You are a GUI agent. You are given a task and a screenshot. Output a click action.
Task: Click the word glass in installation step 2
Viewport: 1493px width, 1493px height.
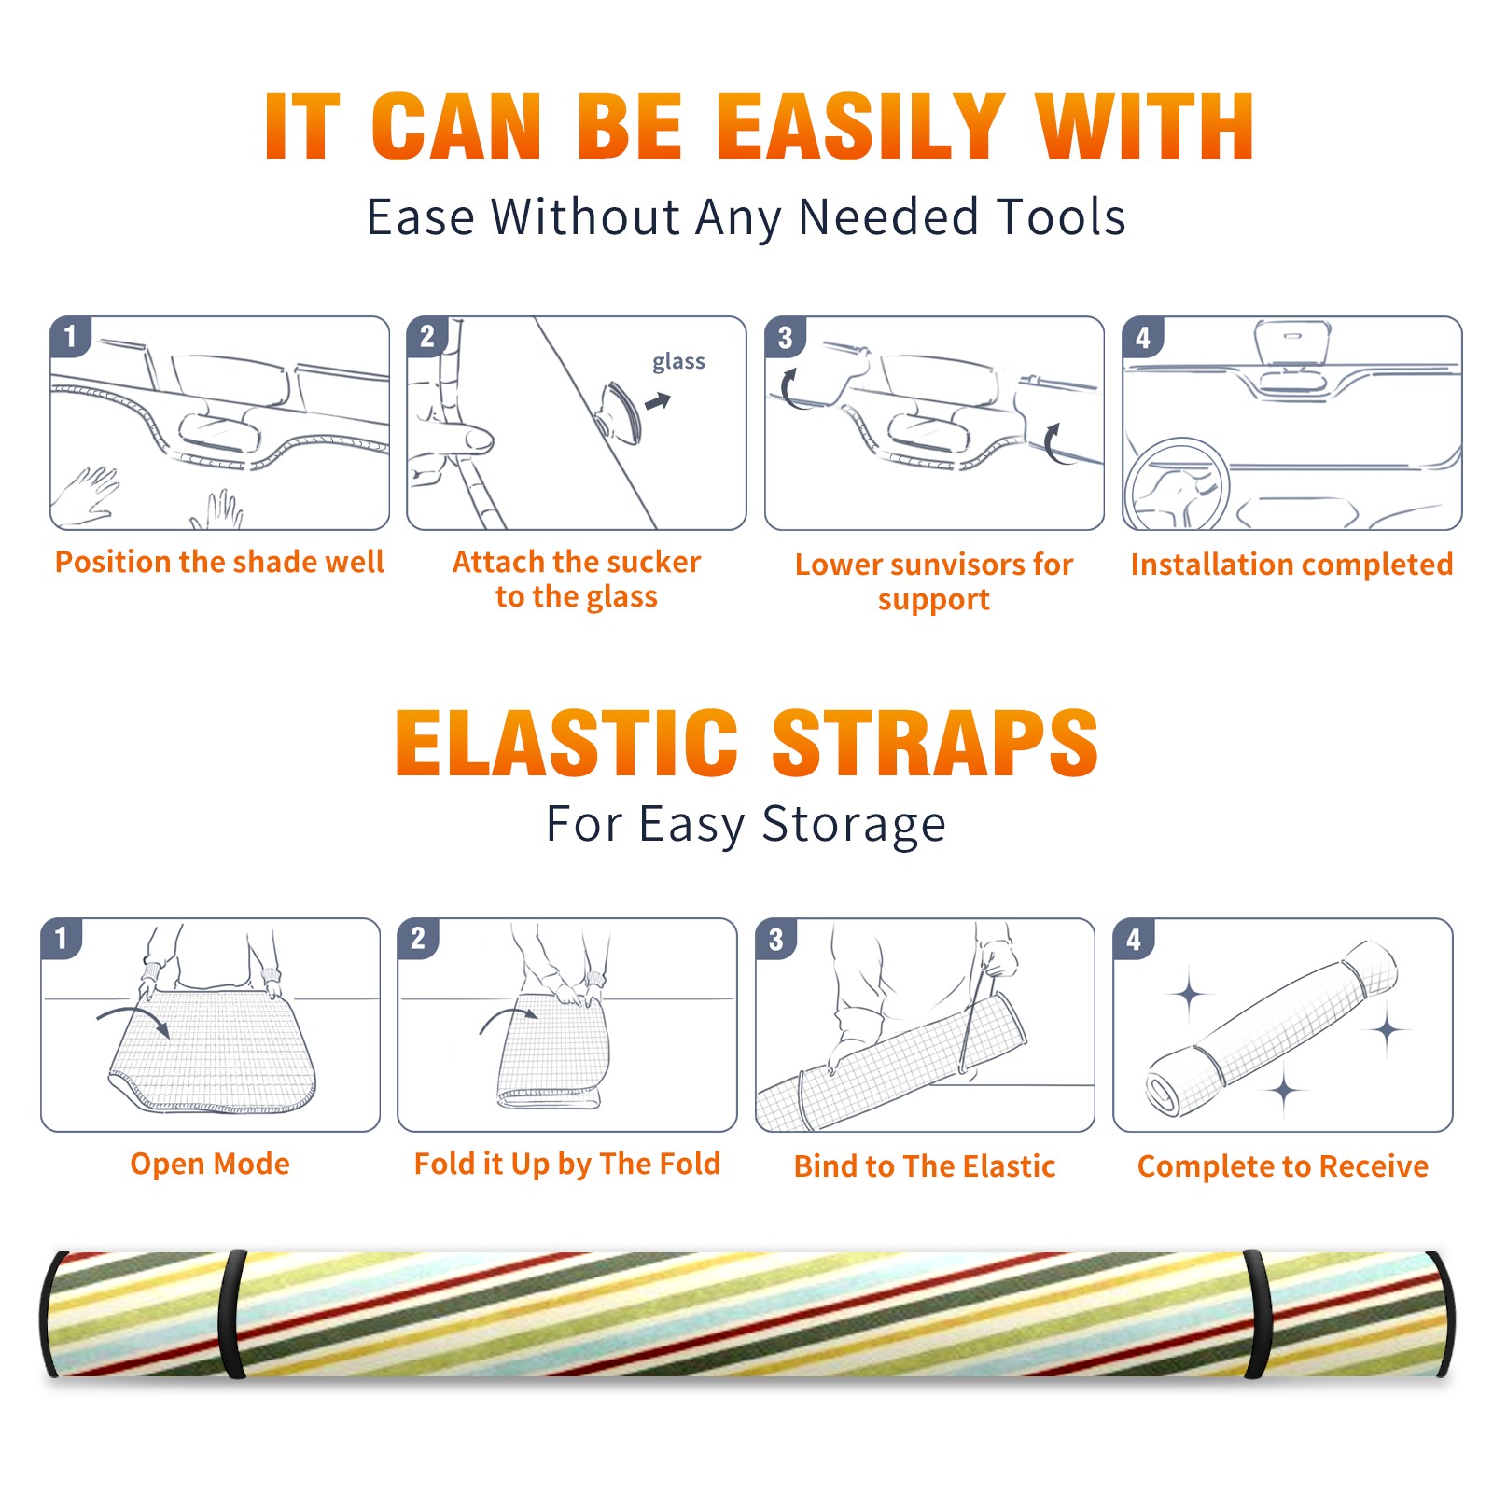[678, 362]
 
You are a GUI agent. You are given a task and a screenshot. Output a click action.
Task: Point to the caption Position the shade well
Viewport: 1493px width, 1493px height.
[219, 562]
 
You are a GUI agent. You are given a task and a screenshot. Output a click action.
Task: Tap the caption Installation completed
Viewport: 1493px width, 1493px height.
[1291, 564]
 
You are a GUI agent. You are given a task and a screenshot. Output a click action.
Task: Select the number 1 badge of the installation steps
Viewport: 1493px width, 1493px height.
[71, 336]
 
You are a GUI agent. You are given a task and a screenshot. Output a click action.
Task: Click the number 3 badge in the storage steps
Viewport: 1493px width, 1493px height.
[776, 939]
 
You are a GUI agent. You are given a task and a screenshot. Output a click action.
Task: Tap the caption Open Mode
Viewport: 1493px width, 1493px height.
[210, 1164]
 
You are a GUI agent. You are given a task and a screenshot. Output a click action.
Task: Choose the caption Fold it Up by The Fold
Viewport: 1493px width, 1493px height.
[567, 1164]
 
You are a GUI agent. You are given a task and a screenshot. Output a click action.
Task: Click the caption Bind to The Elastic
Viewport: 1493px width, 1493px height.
[925, 1165]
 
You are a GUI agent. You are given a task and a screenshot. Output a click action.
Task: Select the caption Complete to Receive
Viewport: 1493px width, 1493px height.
[1283, 1165]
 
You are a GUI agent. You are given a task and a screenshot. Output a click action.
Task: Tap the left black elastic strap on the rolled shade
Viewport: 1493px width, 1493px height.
[232, 1315]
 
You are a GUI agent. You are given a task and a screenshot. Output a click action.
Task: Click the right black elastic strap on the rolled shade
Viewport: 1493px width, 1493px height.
[1257, 1315]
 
